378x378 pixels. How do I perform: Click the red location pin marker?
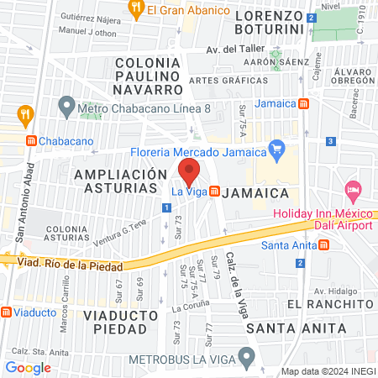click(x=190, y=172)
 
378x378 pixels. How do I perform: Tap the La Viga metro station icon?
click(x=214, y=192)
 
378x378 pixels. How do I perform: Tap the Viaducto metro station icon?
click(x=7, y=312)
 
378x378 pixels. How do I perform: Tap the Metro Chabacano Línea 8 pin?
click(x=66, y=108)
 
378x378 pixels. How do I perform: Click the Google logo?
click(x=28, y=367)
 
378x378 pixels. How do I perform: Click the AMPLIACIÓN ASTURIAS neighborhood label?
click(x=121, y=180)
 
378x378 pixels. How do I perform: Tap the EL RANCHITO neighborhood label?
click(x=328, y=302)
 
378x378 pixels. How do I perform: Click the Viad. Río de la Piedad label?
click(x=70, y=265)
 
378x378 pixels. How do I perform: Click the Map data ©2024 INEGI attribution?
click(x=328, y=371)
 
